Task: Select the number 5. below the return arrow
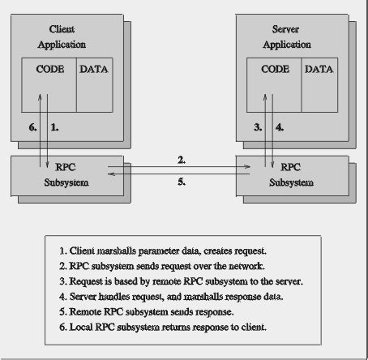[181, 182]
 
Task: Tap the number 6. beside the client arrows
[33, 128]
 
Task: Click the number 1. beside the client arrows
[55, 128]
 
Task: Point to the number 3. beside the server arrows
[258, 128]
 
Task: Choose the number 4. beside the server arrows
[280, 128]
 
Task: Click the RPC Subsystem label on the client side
[66, 175]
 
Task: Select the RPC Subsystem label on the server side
[291, 175]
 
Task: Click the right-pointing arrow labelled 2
[181, 168]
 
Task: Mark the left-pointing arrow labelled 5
[181, 173]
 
